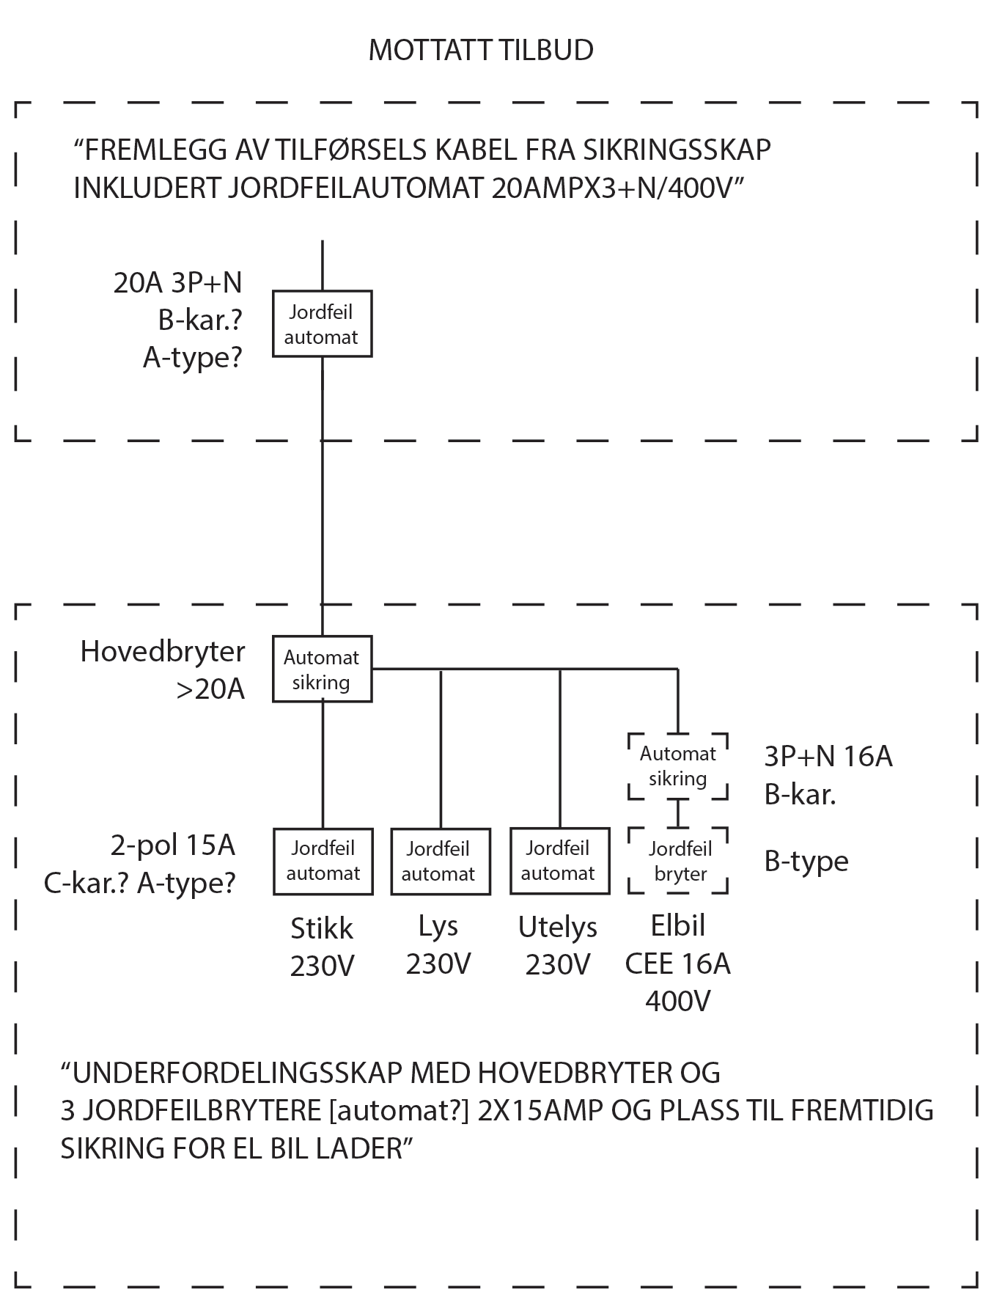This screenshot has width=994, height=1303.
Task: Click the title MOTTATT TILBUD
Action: pyautogui.click(x=480, y=50)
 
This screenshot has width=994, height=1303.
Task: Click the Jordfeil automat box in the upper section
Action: pyautogui.click(x=322, y=324)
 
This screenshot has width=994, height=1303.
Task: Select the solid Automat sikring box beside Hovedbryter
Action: pyautogui.click(x=322, y=669)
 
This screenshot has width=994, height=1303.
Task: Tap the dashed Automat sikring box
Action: pyautogui.click(x=678, y=766)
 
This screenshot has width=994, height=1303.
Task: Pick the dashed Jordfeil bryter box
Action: pyautogui.click(x=679, y=861)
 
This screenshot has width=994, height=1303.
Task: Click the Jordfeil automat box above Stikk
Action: pyautogui.click(x=323, y=861)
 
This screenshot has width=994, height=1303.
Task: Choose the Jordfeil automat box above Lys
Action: pyautogui.click(x=440, y=861)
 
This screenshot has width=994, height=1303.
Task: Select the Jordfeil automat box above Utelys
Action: pyautogui.click(x=559, y=861)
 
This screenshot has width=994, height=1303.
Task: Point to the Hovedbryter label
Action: pyautogui.click(x=163, y=651)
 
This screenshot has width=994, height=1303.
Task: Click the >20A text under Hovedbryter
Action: pyautogui.click(x=210, y=689)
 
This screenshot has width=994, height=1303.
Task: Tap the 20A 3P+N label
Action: pyautogui.click(x=177, y=282)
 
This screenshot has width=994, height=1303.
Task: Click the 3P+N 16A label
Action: pyautogui.click(x=828, y=756)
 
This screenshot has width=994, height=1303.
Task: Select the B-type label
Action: pyautogui.click(x=806, y=861)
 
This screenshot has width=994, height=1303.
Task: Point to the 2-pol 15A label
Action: pyautogui.click(x=173, y=845)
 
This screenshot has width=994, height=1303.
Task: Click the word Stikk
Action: pyautogui.click(x=322, y=929)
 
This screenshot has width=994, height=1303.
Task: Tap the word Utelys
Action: pyautogui.click(x=557, y=928)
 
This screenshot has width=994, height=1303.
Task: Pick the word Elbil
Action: pyautogui.click(x=678, y=925)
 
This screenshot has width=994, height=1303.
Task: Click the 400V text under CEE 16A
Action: pyautogui.click(x=678, y=1001)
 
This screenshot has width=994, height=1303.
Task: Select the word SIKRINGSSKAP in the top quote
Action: pyautogui.click(x=677, y=150)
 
